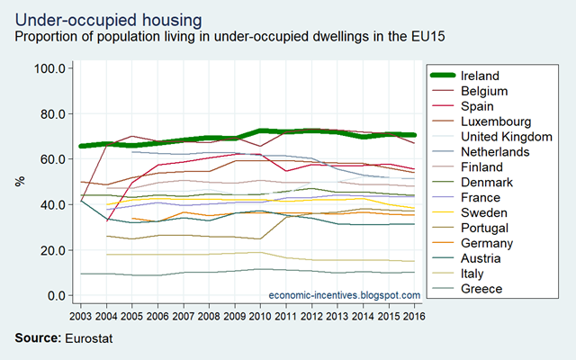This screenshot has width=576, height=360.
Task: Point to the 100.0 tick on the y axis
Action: click(49, 68)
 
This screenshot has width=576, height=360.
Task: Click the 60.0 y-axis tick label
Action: click(51, 159)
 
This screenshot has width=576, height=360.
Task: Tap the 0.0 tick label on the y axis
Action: click(55, 295)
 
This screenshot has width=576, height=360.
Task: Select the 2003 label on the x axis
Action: click(81, 317)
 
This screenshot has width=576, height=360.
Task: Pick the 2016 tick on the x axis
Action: click(415, 317)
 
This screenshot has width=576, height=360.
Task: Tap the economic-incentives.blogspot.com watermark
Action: click(345, 295)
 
